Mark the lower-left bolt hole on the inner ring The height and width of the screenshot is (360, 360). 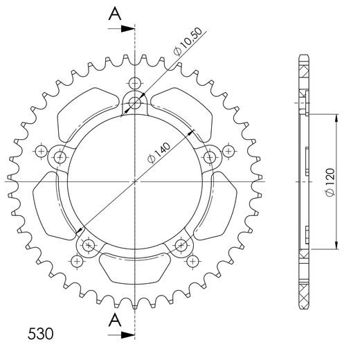tap(88, 244)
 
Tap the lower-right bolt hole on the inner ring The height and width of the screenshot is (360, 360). tap(182, 244)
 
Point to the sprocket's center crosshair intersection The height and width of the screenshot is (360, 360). tap(135, 181)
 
